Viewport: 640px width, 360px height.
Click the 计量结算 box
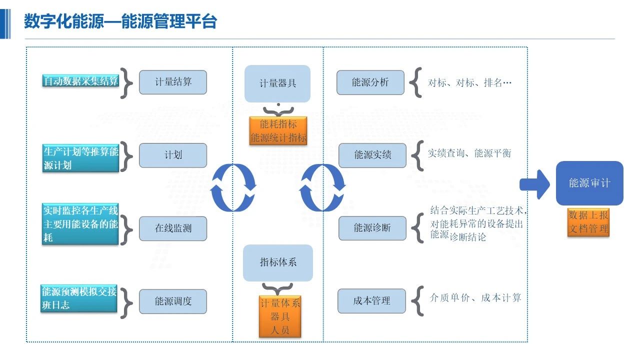pyautogui.click(x=172, y=82)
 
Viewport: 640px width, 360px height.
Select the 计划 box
pyautogui.click(x=172, y=155)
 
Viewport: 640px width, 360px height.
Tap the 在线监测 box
pyautogui.click(x=172, y=228)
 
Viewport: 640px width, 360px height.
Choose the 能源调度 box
pyautogui.click(x=172, y=301)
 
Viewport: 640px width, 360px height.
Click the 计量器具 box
pyautogui.click(x=277, y=83)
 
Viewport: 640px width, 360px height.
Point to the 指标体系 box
pyautogui.click(x=277, y=262)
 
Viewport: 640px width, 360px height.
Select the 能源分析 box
pyautogui.click(x=370, y=82)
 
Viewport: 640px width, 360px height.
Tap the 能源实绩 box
pyautogui.click(x=372, y=155)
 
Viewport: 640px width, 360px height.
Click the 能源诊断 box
pyautogui.click(x=372, y=228)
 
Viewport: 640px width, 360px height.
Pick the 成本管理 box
pyautogui.click(x=371, y=301)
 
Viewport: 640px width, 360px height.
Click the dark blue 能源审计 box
pyautogui.click(x=589, y=183)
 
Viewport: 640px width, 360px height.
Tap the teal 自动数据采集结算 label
pyautogui.click(x=80, y=81)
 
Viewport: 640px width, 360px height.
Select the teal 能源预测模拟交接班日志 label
pyautogui.click(x=79, y=298)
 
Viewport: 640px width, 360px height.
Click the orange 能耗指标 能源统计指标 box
pyautogui.click(x=278, y=131)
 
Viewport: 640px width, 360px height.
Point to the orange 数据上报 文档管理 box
pyautogui.click(x=588, y=222)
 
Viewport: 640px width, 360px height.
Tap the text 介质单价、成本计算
pyautogui.click(x=475, y=298)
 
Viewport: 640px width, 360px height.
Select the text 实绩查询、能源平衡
pyautogui.click(x=469, y=153)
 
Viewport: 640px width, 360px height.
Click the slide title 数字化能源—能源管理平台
pyautogui.click(x=120, y=22)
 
